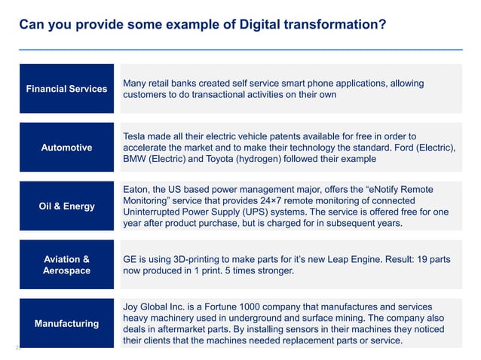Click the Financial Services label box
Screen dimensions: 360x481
point(66,89)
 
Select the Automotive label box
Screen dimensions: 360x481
point(66,148)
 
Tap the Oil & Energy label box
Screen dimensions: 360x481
point(66,206)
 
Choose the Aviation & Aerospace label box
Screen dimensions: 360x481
point(66,264)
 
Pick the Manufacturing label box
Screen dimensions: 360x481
point(66,323)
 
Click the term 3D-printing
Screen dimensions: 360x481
point(200,259)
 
